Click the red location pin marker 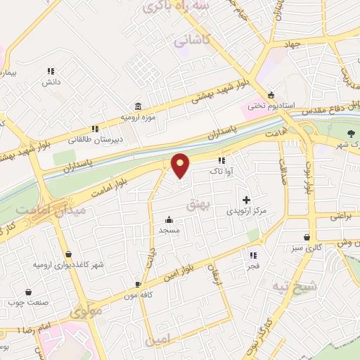tap(181, 165)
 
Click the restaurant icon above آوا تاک tap(222, 160)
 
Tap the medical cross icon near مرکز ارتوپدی tap(246, 200)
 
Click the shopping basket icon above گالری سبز tap(307, 237)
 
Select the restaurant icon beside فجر tap(252, 255)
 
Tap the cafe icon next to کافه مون tap(138, 285)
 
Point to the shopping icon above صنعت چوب tap(27, 292)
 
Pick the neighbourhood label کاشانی tap(195, 42)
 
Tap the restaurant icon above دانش tap(51, 71)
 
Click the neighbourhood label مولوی tap(87, 309)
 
